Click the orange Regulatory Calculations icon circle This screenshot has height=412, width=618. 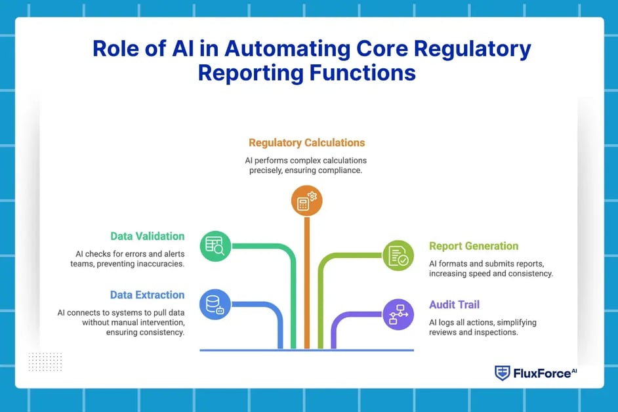point(306,201)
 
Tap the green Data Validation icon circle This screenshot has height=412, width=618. point(215,246)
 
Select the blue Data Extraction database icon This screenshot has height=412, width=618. point(215,304)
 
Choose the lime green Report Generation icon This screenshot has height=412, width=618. point(398,256)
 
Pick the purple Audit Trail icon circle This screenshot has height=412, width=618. point(398,314)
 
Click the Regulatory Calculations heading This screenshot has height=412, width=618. point(306,142)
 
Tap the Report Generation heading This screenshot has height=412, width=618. point(474,246)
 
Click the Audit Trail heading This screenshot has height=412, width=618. point(454,304)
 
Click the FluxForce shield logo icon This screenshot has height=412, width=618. point(502,373)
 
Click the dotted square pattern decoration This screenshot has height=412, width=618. point(45,361)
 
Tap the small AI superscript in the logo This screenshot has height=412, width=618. point(574,370)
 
